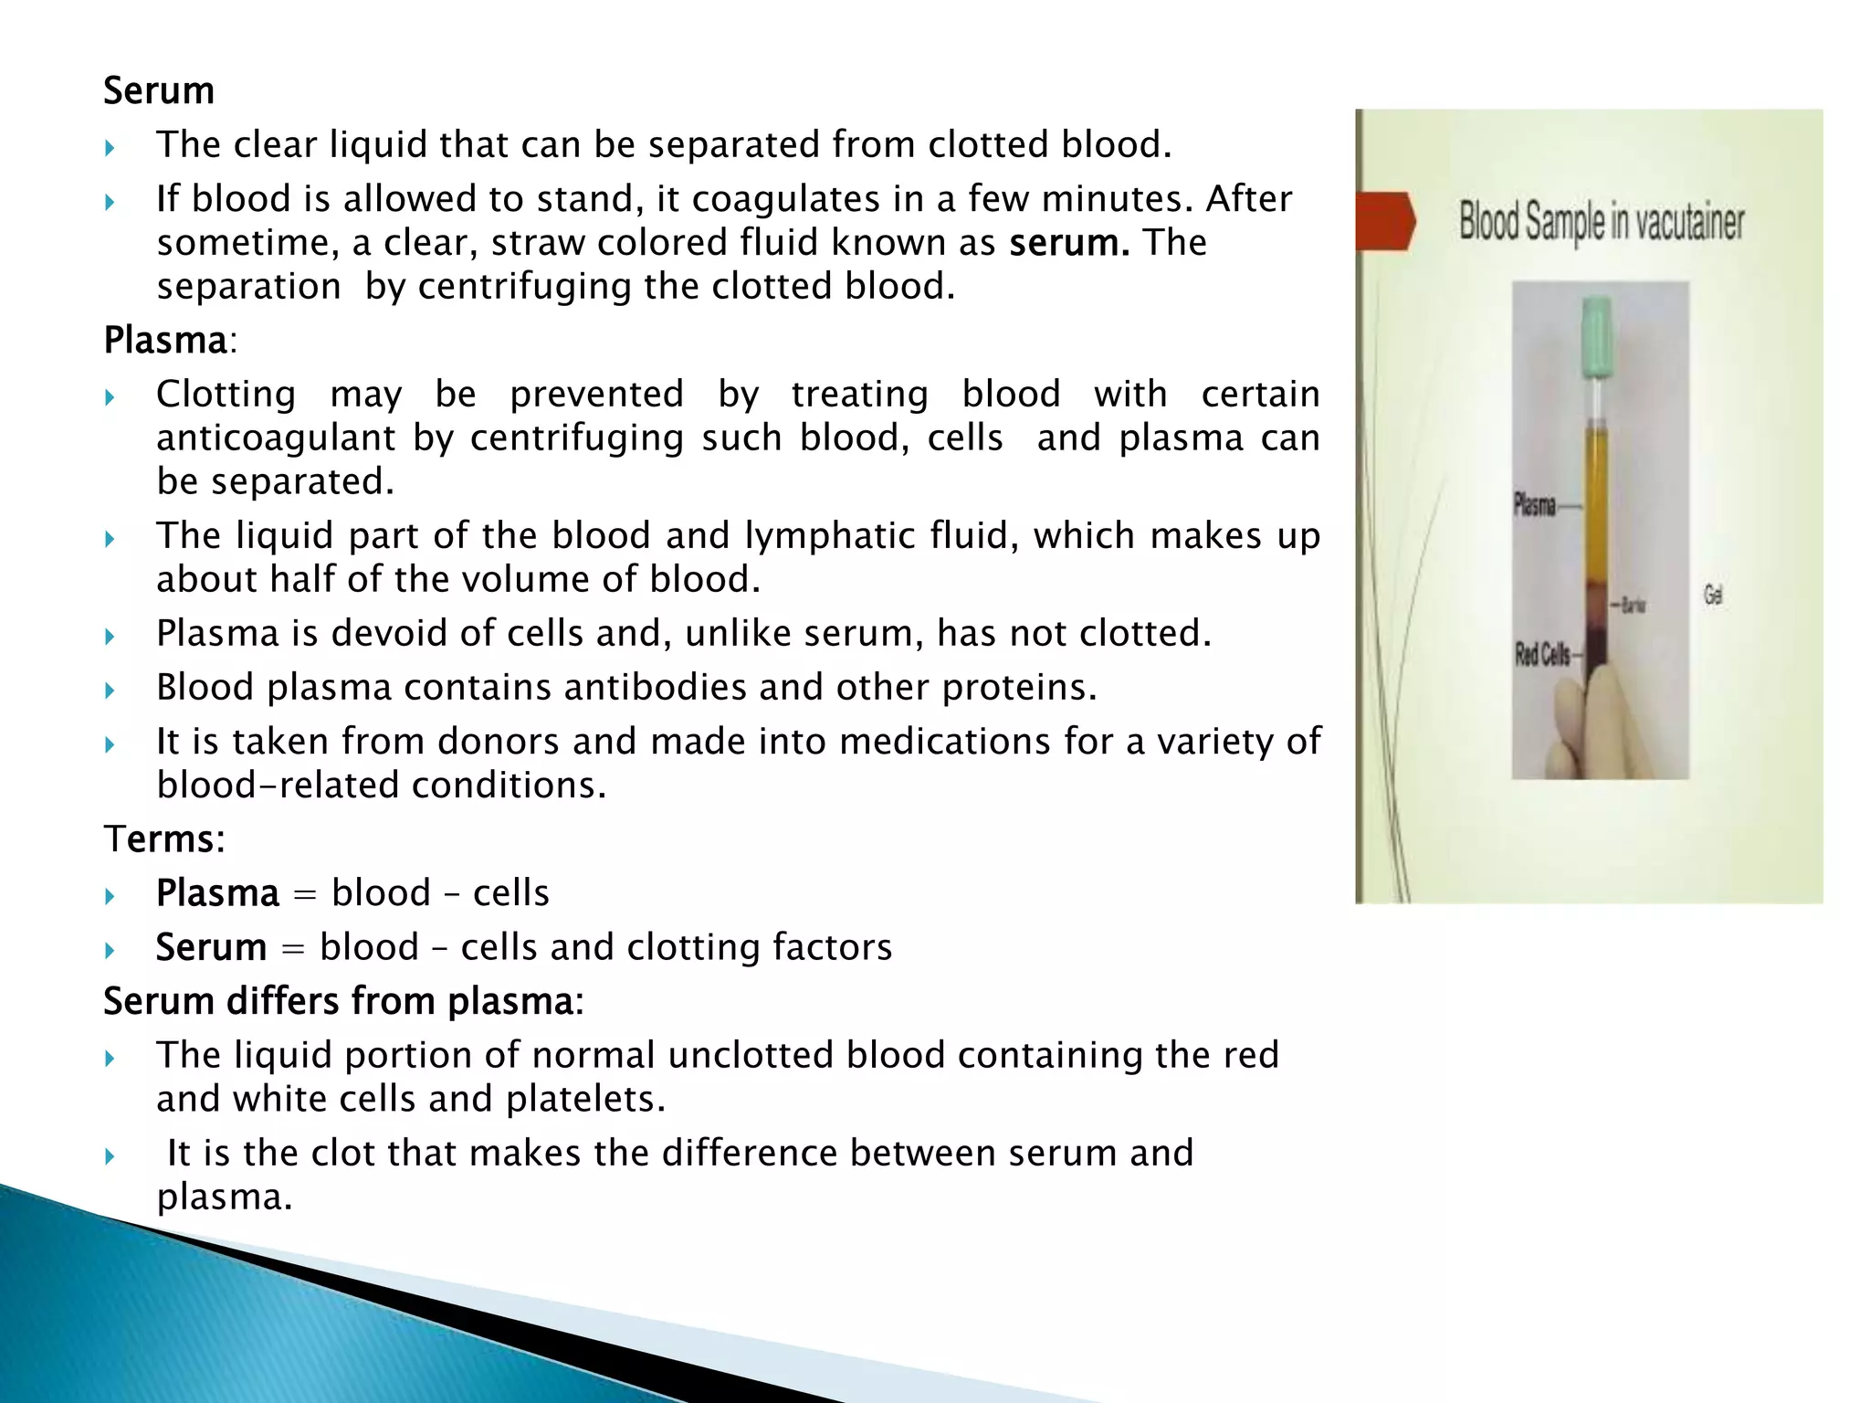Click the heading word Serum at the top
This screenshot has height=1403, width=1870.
[x=159, y=91]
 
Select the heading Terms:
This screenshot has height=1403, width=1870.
[x=164, y=839]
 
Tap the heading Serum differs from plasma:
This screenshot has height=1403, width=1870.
[x=343, y=1001]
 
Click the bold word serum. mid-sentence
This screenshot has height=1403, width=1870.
[x=1069, y=243]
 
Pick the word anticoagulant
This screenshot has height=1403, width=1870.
[x=276, y=438]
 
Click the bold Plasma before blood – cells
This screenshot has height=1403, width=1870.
[x=217, y=893]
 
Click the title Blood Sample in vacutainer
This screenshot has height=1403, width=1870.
[x=1601, y=222]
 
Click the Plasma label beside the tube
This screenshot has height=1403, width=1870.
[x=1535, y=505]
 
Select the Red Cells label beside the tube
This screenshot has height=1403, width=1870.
[x=1542, y=654]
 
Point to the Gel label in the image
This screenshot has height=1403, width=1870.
[x=1713, y=596]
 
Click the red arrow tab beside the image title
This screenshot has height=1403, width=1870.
[x=1384, y=221]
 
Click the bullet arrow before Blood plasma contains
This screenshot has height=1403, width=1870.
[x=110, y=691]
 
